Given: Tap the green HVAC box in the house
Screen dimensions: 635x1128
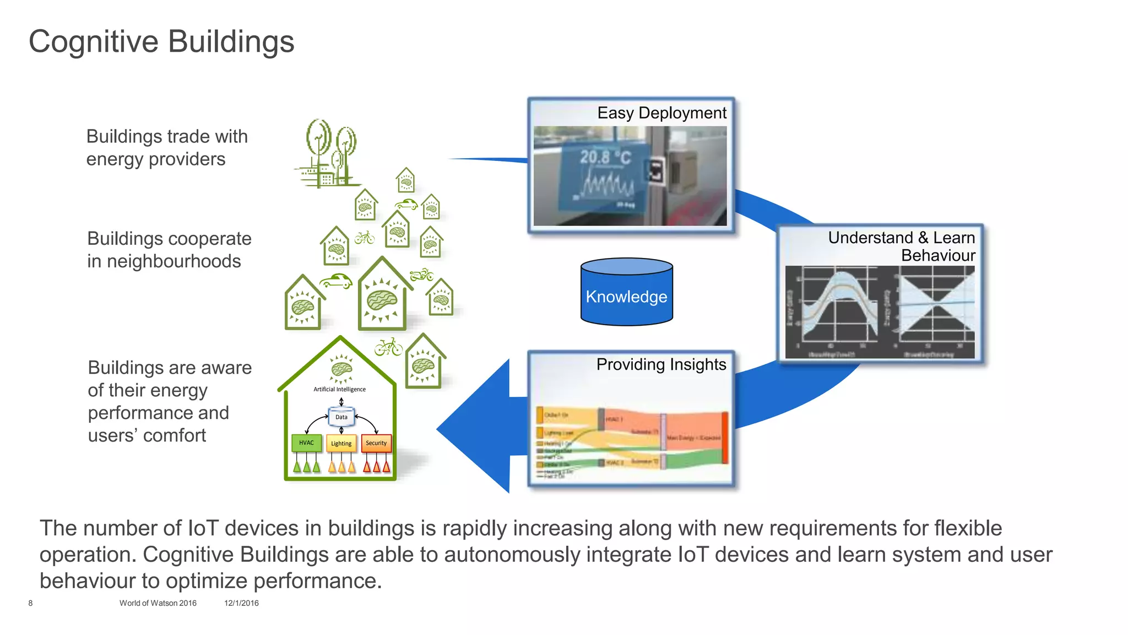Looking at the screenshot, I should point(306,443).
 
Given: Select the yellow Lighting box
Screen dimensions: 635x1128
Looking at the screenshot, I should point(341,443).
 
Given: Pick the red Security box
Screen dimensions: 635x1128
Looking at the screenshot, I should point(376,443).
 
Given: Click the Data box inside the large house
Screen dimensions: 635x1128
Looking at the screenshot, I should point(341,417).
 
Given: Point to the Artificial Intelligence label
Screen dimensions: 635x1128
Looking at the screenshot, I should point(339,389).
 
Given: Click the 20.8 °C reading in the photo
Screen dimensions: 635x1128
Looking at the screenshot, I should point(605,158).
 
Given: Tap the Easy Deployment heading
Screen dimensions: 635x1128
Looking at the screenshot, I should point(661,113).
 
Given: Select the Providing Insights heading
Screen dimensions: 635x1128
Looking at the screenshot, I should point(661,364).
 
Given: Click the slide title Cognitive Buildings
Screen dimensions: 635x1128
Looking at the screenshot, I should point(161,41).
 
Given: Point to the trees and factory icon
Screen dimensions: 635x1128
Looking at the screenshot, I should point(328,154).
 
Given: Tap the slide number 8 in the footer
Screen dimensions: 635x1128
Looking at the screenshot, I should point(30,603).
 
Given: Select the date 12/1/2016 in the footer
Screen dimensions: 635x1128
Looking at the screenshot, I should point(241,603).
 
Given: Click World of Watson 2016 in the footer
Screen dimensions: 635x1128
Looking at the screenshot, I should point(158,603).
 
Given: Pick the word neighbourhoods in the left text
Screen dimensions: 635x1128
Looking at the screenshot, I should point(173,261).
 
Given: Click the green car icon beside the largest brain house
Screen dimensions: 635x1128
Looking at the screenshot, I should point(336,281).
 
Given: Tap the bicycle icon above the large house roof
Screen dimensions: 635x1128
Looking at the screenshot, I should point(388,347).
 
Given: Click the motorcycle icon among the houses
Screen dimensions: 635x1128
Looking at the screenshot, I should point(421,274).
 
